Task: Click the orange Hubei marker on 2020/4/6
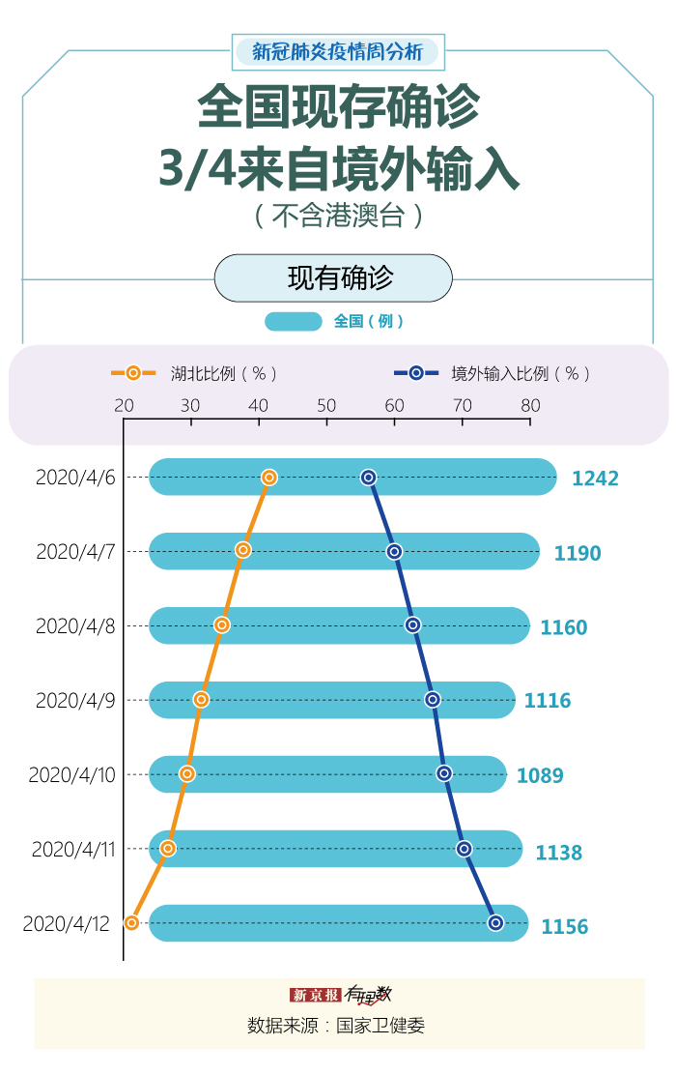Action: click(x=269, y=478)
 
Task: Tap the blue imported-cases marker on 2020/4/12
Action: click(x=495, y=923)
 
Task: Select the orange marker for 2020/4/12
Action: click(x=132, y=923)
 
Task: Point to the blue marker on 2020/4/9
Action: click(x=432, y=699)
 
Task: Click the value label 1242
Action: click(x=595, y=479)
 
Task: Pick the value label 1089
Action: click(x=540, y=775)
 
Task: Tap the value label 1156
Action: click(x=564, y=927)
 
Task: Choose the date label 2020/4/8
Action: click(x=75, y=626)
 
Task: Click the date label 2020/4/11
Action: click(x=73, y=850)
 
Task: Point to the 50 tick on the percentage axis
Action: click(x=326, y=406)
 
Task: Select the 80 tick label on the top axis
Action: click(x=530, y=406)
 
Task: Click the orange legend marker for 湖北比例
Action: click(x=133, y=373)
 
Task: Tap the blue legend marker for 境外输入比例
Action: click(x=416, y=373)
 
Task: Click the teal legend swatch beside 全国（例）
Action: click(x=293, y=322)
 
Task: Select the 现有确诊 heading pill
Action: click(x=333, y=278)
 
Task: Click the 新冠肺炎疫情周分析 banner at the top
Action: click(x=337, y=52)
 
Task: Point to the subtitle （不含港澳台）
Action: click(x=338, y=215)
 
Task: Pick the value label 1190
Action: click(x=577, y=554)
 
